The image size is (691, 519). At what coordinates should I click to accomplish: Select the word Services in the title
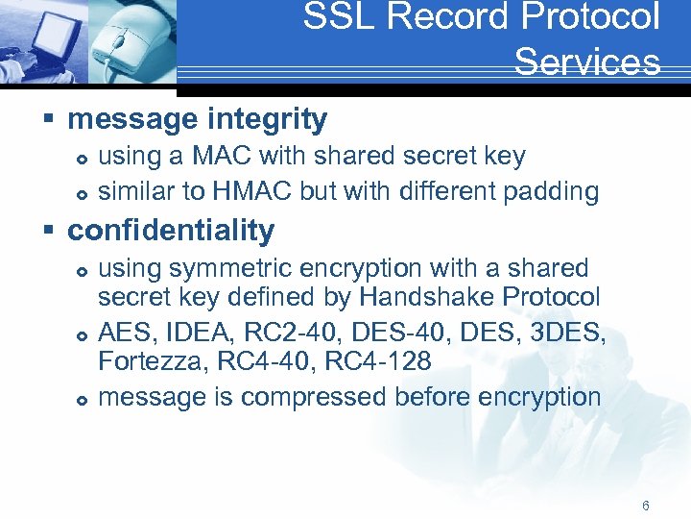pos(586,62)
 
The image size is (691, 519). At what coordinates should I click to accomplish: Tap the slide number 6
pos(646,506)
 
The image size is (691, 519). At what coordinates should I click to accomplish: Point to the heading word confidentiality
pos(171,231)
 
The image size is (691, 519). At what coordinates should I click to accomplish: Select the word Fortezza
pos(140,363)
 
